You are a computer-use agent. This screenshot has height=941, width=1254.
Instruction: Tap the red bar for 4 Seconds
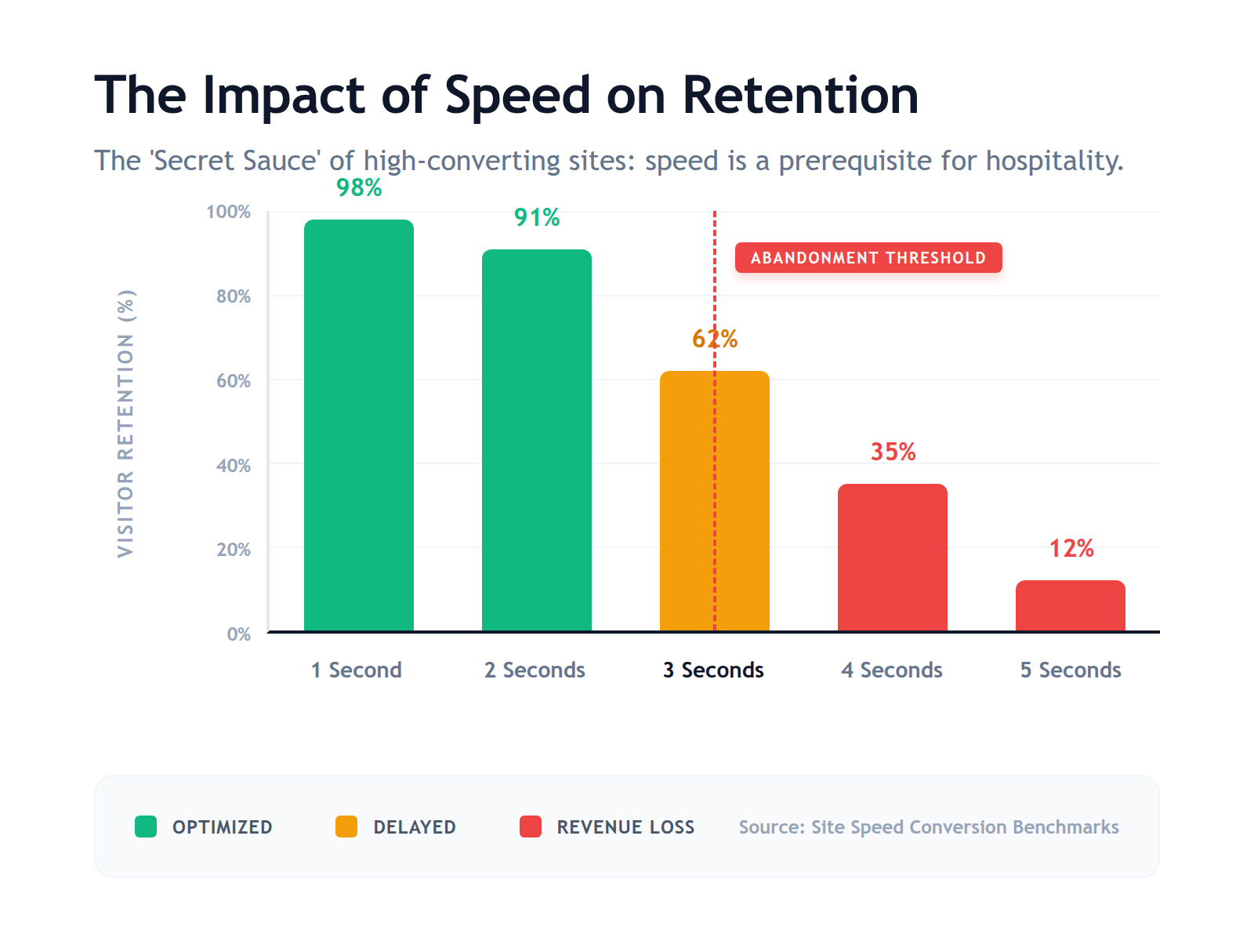pyautogui.click(x=892, y=558)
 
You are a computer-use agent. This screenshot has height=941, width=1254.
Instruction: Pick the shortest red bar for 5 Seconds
pyautogui.click(x=1070, y=605)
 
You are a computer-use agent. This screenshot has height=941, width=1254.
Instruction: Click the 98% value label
pyautogui.click(x=359, y=188)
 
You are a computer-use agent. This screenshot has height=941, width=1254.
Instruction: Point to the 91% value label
pyautogui.click(x=537, y=218)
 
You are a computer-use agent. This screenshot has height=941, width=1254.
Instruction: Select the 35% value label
pyautogui.click(x=893, y=452)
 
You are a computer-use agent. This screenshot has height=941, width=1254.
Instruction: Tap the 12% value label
pyautogui.click(x=1071, y=549)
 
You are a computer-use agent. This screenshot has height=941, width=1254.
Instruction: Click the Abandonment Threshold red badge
pyautogui.click(x=868, y=258)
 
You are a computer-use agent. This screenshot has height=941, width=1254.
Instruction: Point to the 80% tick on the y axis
pyautogui.click(x=234, y=296)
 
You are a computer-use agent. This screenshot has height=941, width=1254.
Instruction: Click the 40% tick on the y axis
pyautogui.click(x=234, y=466)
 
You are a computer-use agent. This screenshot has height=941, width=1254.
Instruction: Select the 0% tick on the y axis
pyautogui.click(x=238, y=634)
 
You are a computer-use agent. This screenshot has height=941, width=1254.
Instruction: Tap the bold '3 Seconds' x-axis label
pyautogui.click(x=713, y=670)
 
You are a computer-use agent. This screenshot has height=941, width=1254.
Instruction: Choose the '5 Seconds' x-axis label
pyautogui.click(x=1070, y=670)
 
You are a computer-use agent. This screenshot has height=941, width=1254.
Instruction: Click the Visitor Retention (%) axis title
pyautogui.click(x=125, y=423)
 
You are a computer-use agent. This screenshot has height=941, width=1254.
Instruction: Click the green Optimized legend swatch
pyautogui.click(x=146, y=827)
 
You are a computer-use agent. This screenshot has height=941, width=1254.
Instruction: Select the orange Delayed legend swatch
pyautogui.click(x=346, y=827)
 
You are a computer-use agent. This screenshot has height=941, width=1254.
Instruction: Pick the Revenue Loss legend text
pyautogui.click(x=625, y=827)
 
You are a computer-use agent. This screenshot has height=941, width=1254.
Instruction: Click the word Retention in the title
pyautogui.click(x=800, y=96)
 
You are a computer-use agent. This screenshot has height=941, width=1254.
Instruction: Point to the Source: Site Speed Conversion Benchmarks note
pyautogui.click(x=929, y=827)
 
